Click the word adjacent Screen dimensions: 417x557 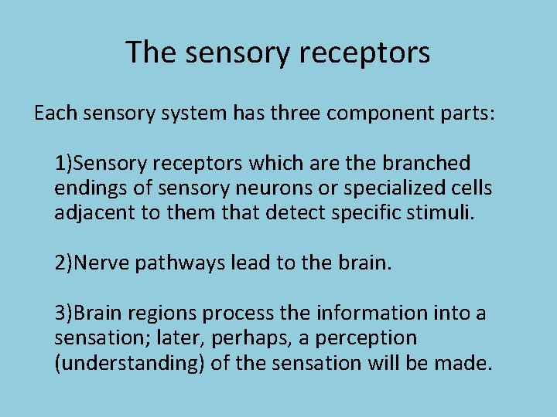coord(92,213)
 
